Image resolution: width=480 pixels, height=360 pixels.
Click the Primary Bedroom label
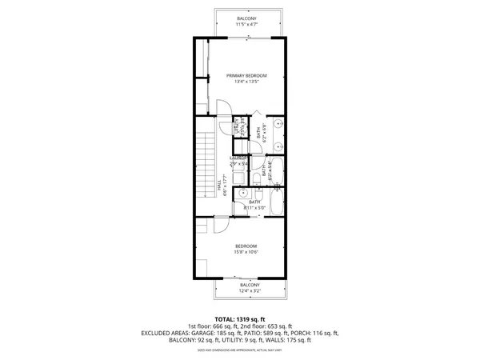coord(246,75)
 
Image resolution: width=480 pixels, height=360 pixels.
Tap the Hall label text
coord(220,186)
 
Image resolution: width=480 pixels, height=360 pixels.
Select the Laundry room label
coord(238,158)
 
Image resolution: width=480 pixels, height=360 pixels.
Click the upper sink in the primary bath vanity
coord(277,125)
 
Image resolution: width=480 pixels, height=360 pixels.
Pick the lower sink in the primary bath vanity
coord(277,146)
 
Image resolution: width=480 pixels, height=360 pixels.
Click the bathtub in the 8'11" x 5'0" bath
coord(276,204)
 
